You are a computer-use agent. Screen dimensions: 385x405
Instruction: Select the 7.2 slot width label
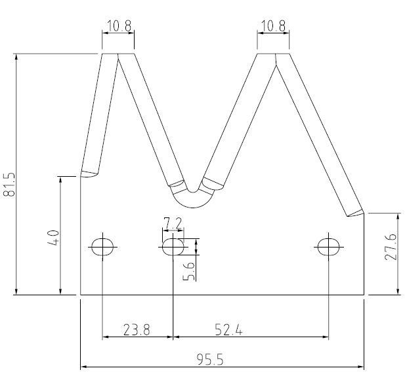click(173, 223)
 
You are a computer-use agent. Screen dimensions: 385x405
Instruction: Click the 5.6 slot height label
click(189, 268)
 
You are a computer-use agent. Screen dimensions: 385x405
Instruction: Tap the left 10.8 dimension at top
click(119, 27)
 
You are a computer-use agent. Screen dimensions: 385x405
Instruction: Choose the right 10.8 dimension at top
click(273, 27)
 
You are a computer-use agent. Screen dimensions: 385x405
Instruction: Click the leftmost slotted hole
click(102, 246)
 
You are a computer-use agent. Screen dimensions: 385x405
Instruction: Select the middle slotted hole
click(173, 246)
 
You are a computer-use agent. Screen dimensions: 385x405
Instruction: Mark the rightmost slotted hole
click(328, 246)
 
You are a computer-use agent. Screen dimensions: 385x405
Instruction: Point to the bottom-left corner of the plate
click(81, 295)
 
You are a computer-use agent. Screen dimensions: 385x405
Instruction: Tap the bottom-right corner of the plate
click(364, 295)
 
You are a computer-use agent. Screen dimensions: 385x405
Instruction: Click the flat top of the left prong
click(118, 54)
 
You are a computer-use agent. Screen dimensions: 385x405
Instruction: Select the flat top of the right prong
click(273, 54)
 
